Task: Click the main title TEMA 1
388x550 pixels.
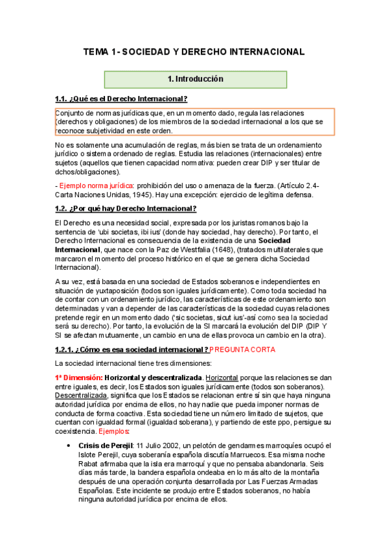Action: [194, 51]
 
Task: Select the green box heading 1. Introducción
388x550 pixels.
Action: [195, 79]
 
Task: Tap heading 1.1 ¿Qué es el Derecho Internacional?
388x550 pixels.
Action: [122, 99]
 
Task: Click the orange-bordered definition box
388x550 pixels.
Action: [195, 121]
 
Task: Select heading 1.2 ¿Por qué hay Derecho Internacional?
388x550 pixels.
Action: [126, 208]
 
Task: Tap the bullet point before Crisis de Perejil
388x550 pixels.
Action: [69, 445]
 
